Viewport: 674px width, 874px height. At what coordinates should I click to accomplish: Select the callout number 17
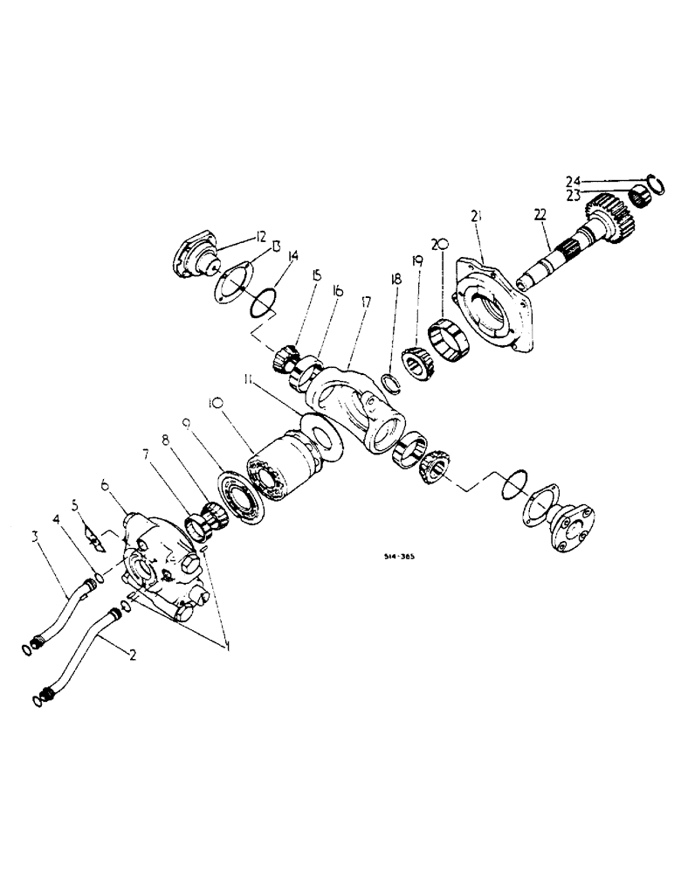pyautogui.click(x=363, y=302)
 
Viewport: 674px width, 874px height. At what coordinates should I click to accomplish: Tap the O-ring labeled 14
pyautogui.click(x=262, y=306)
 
